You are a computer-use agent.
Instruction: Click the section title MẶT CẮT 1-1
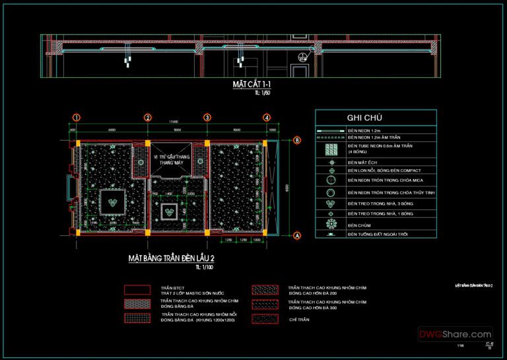click(252, 85)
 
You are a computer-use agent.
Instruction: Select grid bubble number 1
click(77, 118)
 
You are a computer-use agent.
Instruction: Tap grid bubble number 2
click(149, 118)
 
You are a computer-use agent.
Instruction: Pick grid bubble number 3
click(207, 118)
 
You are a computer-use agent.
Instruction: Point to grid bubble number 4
click(266, 118)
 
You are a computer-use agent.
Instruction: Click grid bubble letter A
click(297, 234)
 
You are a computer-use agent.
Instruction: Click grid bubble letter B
click(297, 140)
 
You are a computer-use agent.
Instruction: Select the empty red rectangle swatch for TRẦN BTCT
click(137, 290)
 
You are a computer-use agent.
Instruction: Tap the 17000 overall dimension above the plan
click(173, 122)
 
